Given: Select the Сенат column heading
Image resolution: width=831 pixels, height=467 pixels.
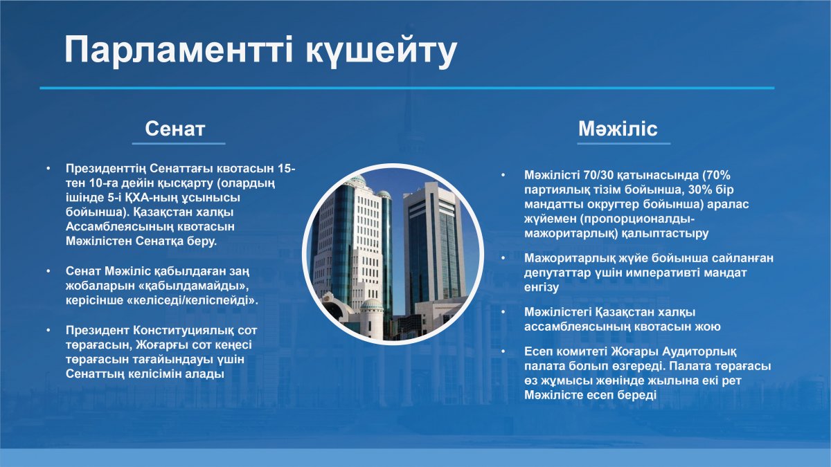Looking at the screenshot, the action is [x=175, y=129].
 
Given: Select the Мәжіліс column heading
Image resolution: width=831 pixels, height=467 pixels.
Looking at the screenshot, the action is [x=618, y=129].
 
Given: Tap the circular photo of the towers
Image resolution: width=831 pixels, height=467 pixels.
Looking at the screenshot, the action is [x=393, y=255].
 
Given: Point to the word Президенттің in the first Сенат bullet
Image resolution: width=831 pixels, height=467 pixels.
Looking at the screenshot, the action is [x=106, y=169].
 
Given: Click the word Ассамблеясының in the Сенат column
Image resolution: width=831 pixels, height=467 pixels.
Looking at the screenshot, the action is [x=119, y=227].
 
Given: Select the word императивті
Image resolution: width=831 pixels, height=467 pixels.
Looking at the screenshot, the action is [x=662, y=273].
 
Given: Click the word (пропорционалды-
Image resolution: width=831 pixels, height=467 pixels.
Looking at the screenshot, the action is [x=637, y=219].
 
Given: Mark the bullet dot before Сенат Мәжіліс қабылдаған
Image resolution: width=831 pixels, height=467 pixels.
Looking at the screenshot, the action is [x=48, y=271].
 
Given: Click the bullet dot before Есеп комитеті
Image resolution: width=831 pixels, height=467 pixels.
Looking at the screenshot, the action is [x=503, y=351].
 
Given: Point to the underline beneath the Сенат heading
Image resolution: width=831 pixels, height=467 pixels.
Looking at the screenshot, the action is [x=179, y=143].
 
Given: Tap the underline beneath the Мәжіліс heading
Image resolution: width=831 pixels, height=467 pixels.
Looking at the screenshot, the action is [x=624, y=143].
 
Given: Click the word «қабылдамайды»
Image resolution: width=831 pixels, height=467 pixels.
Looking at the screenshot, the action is [x=193, y=286].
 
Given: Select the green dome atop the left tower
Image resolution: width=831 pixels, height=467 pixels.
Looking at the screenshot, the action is [x=357, y=181].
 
